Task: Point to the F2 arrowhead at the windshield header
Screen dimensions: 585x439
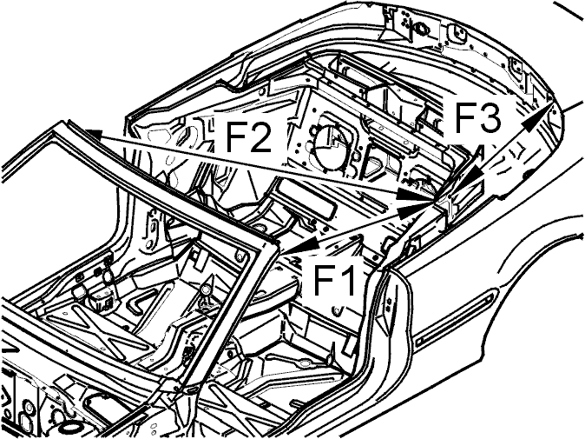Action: pyautogui.click(x=93, y=135)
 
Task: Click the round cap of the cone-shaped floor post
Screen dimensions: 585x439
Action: pyautogui.click(x=205, y=289)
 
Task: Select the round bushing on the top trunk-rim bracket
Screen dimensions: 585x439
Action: pyautogui.click(x=420, y=27)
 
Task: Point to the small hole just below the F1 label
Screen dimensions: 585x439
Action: pyautogui.click(x=337, y=309)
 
